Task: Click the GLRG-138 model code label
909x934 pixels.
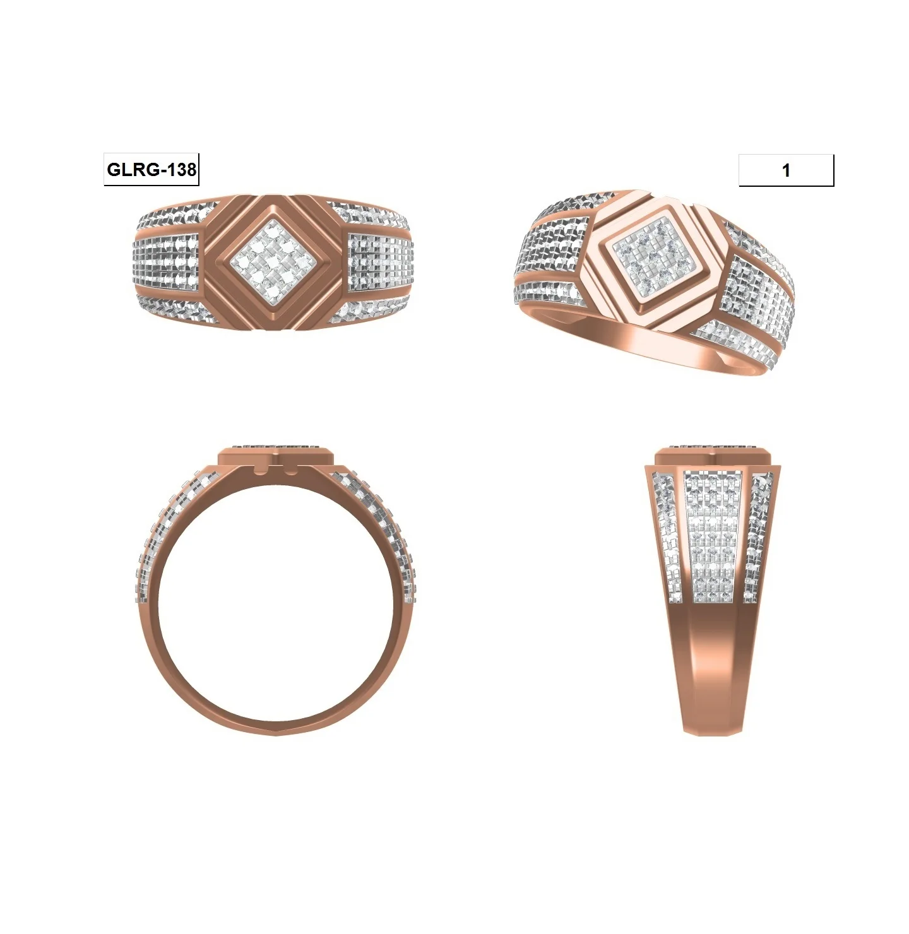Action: pyautogui.click(x=151, y=170)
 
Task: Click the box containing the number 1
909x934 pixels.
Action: pyautogui.click(x=786, y=170)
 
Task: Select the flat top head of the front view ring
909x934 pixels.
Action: pyautogui.click(x=276, y=456)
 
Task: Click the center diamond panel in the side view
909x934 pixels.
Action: pyautogui.click(x=711, y=536)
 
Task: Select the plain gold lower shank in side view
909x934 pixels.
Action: pyautogui.click(x=712, y=669)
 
